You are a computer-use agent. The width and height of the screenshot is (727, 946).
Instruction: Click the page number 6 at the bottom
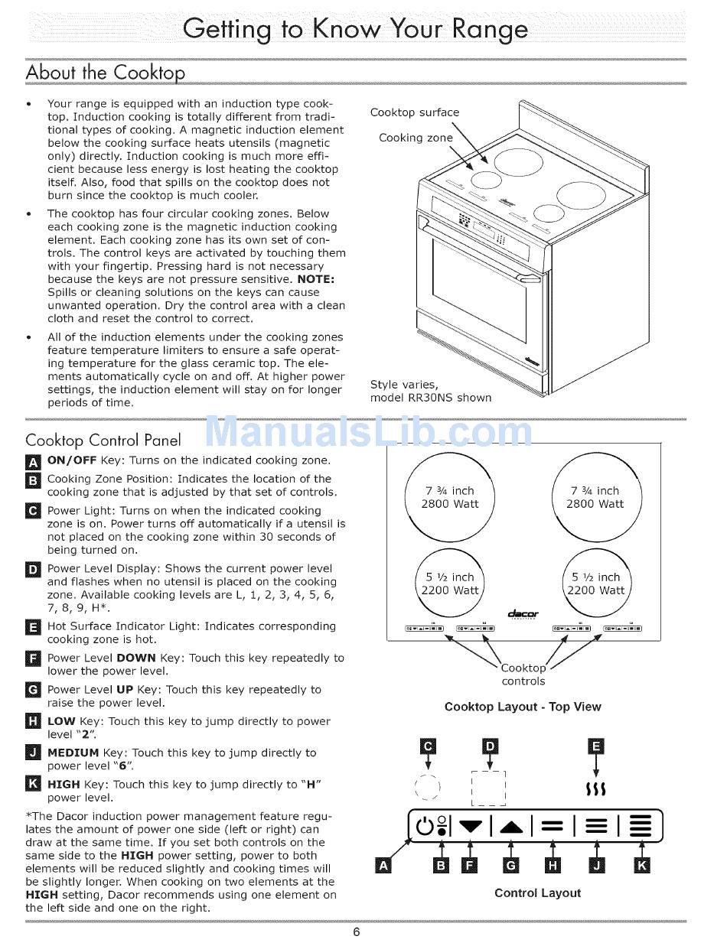click(x=357, y=931)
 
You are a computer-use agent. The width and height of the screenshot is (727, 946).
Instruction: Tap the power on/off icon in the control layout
click(x=425, y=826)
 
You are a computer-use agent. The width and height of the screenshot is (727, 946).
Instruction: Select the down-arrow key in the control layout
click(x=470, y=826)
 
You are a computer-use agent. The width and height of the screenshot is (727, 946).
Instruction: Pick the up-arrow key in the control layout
click(x=511, y=827)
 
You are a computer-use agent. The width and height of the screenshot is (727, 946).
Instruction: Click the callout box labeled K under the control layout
click(x=641, y=865)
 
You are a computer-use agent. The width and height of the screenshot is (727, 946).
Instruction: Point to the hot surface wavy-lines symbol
click(x=595, y=788)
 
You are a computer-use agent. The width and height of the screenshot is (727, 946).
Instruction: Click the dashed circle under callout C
click(x=427, y=787)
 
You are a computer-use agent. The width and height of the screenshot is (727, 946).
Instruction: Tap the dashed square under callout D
click(x=489, y=788)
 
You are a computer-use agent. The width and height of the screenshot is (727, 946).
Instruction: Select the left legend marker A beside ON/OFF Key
click(x=33, y=462)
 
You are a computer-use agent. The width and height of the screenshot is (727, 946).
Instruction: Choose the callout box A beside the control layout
click(x=383, y=866)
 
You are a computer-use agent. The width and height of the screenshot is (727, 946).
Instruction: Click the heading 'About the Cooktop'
click(x=106, y=73)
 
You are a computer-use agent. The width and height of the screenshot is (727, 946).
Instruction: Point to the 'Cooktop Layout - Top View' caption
click(x=523, y=707)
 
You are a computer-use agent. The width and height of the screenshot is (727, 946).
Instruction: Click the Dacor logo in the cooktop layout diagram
click(x=523, y=614)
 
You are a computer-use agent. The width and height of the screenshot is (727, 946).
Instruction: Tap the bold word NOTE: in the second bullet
click(x=316, y=279)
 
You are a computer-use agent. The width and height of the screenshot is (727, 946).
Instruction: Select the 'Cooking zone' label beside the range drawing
click(x=416, y=138)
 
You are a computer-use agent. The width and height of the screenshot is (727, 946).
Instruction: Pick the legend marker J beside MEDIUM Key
click(x=33, y=753)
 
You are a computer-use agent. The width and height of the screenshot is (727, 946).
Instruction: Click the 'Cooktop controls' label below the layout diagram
click(x=523, y=675)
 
